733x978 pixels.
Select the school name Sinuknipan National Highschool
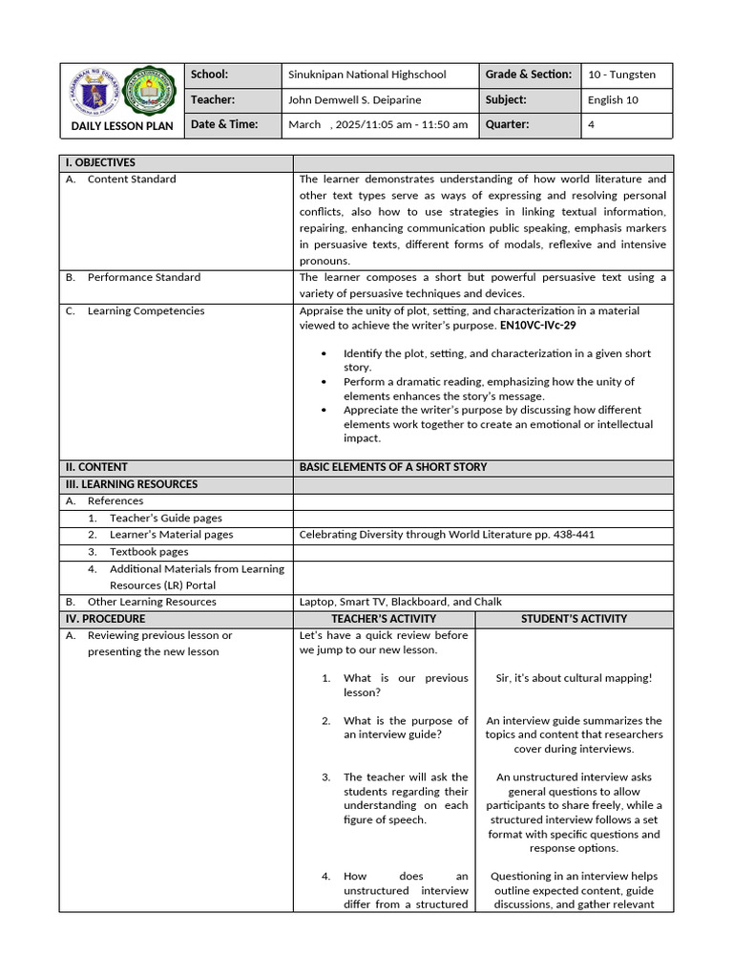367,74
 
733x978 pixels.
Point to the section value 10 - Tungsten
621,74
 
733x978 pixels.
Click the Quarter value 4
592,124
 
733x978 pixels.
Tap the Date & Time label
224,124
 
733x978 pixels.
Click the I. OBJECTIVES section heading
100,162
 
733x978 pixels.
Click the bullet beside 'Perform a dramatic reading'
325,382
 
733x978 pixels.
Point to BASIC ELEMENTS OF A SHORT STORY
393,467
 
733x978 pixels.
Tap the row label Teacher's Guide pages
166,518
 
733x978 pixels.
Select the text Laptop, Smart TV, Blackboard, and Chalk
401,602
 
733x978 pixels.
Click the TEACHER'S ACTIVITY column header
384,619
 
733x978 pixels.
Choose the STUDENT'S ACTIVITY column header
574,619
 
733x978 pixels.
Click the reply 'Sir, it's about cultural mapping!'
574,678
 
